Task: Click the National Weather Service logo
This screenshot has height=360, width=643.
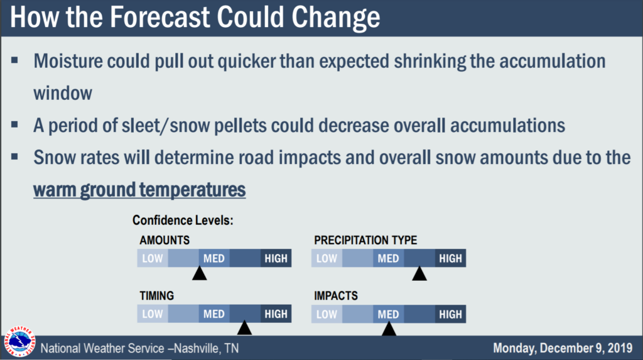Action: tap(19, 342)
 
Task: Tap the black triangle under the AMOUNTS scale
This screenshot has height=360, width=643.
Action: tap(199, 273)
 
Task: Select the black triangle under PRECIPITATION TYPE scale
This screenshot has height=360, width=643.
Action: tap(419, 273)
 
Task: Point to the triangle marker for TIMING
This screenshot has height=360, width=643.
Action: tap(244, 327)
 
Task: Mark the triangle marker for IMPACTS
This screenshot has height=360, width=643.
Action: tap(389, 329)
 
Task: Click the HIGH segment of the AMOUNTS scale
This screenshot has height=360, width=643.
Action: tap(276, 258)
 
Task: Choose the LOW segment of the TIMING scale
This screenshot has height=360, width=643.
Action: tap(153, 314)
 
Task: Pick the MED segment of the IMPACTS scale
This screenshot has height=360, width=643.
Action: tap(388, 314)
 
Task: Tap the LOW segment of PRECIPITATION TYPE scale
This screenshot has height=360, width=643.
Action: tap(327, 258)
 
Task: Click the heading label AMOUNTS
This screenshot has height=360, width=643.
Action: tap(165, 240)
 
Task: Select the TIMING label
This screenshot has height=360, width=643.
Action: tap(156, 295)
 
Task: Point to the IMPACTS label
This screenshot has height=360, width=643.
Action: tap(336, 295)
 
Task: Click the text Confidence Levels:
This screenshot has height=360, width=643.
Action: tap(183, 221)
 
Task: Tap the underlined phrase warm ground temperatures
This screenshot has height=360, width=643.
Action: tap(139, 190)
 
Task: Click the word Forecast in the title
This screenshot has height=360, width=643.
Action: tap(160, 17)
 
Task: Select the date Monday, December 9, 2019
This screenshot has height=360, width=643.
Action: tap(563, 348)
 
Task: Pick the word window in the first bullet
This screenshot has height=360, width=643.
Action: tap(63, 93)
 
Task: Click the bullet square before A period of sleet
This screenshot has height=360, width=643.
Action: tap(15, 124)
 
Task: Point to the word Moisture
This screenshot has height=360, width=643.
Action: tap(68, 61)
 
